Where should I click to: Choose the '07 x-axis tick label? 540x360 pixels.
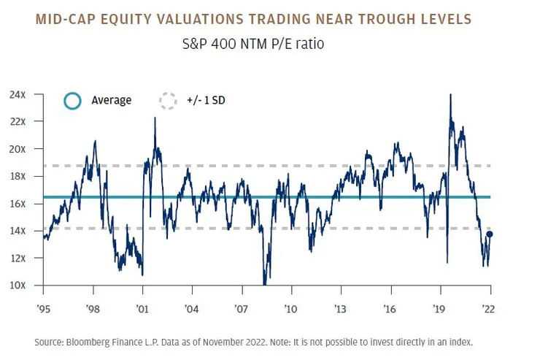coord(242,308)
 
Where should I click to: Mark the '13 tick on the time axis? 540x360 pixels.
coord(340,308)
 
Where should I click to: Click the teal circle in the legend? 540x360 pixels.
coord(72,101)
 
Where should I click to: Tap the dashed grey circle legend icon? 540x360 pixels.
coord(168,101)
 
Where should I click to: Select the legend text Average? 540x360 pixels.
coord(111,101)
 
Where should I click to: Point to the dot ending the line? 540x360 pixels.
coord(490,234)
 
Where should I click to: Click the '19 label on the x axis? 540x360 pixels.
coord(439,308)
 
